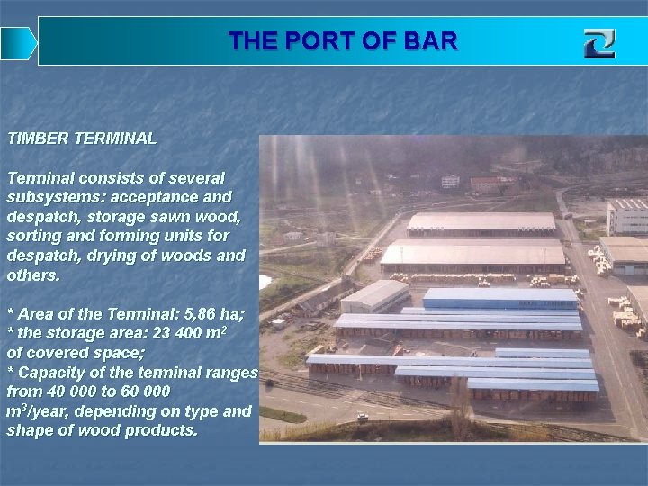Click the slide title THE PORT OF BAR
(343, 41)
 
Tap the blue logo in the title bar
(598, 43)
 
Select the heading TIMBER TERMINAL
(82, 139)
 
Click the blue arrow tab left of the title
(18, 42)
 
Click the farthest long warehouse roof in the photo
(481, 221)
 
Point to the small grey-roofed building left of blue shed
(375, 295)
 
